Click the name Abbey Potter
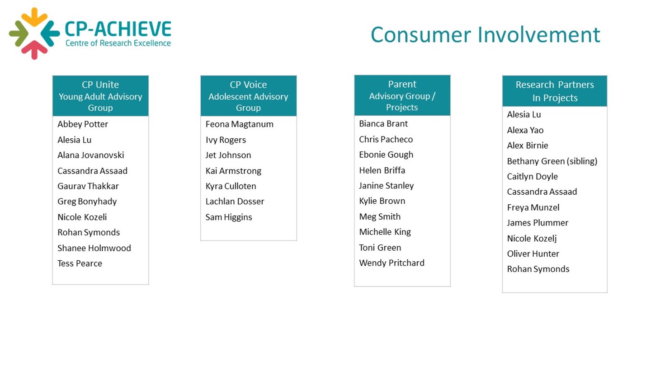83,124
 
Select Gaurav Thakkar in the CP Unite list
88,186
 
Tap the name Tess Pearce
80,263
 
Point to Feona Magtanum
240,124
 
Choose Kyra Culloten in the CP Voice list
231,186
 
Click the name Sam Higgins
229,217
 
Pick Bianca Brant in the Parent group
383,124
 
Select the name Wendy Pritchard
392,263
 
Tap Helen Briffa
382,170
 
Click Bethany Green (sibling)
552,161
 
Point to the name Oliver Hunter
533,254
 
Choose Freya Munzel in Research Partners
533,208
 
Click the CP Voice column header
249,96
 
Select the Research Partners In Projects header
555,91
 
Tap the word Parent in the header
402,84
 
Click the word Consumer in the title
421,35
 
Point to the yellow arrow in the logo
34,17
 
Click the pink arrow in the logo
34,50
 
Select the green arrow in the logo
19,34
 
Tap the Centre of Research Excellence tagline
118,43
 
